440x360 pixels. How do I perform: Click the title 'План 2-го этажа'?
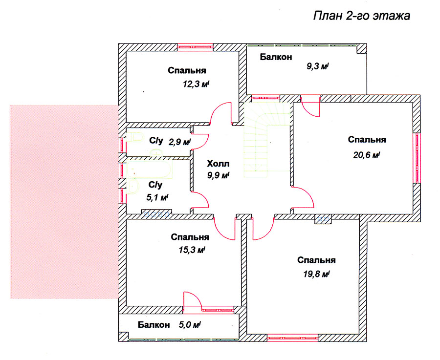(x=361, y=16)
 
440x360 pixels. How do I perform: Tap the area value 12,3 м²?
(x=196, y=84)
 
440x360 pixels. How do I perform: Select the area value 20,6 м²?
(x=367, y=155)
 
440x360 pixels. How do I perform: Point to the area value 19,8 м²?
(x=316, y=274)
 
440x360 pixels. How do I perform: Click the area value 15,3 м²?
(x=192, y=250)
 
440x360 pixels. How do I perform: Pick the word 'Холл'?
(x=218, y=164)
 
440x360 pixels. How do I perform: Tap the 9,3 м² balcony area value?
(x=317, y=66)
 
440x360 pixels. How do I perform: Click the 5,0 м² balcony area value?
(x=189, y=325)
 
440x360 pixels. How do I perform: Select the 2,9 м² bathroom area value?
(x=179, y=142)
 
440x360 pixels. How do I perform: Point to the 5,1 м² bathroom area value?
(x=157, y=197)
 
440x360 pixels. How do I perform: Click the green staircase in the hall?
(x=266, y=140)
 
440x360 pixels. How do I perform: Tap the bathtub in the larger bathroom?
(x=150, y=169)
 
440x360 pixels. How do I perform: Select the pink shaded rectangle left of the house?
(x=64, y=202)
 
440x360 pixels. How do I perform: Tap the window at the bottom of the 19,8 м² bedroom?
(x=292, y=338)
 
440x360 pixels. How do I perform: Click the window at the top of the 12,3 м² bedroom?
(x=195, y=47)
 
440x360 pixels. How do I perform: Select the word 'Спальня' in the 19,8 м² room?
(x=316, y=260)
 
